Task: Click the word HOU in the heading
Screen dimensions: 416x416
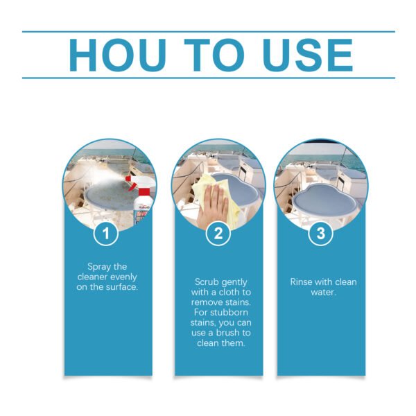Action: click(118, 55)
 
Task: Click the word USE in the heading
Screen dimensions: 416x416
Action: click(308, 55)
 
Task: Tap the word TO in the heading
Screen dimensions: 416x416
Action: click(214, 55)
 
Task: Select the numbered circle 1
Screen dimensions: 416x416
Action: click(106, 234)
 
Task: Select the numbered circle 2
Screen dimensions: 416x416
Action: click(218, 234)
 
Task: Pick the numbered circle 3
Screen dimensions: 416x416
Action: click(320, 234)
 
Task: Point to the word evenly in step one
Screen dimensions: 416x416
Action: click(123, 277)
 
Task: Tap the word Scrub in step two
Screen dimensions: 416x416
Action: click(205, 281)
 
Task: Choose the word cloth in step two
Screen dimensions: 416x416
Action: click(230, 292)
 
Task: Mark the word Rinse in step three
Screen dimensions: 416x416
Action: click(300, 281)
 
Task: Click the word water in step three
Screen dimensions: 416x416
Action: click(323, 293)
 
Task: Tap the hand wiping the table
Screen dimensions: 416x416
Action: click(213, 206)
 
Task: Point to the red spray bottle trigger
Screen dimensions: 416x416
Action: click(130, 183)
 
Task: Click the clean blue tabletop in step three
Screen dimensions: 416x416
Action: click(326, 201)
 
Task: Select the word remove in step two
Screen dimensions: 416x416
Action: click(207, 302)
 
